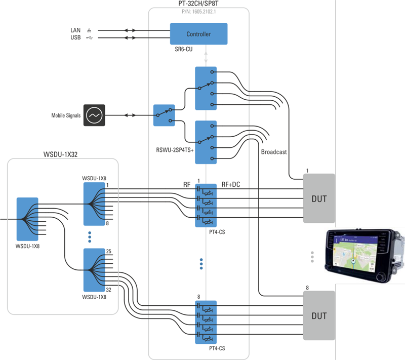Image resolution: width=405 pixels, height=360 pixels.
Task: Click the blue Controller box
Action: [198, 34]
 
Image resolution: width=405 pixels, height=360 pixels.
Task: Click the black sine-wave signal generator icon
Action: [94, 115]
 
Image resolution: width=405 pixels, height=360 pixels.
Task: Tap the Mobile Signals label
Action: [66, 115]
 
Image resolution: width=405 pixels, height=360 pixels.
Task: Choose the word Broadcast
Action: [274, 152]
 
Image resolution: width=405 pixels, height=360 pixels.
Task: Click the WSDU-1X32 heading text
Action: [63, 153]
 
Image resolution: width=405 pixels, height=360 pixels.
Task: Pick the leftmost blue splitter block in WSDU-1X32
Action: [27, 219]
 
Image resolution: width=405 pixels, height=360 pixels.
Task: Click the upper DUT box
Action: [319, 198]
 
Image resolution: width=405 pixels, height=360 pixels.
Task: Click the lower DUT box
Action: [319, 316]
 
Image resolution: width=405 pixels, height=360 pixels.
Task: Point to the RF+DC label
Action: [231, 184]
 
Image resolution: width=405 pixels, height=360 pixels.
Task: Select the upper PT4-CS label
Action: [217, 230]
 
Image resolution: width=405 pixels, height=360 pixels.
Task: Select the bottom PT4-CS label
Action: [217, 348]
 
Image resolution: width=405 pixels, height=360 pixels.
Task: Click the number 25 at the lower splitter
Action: [108, 251]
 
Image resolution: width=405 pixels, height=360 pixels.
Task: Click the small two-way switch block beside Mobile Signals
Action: [164, 115]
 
